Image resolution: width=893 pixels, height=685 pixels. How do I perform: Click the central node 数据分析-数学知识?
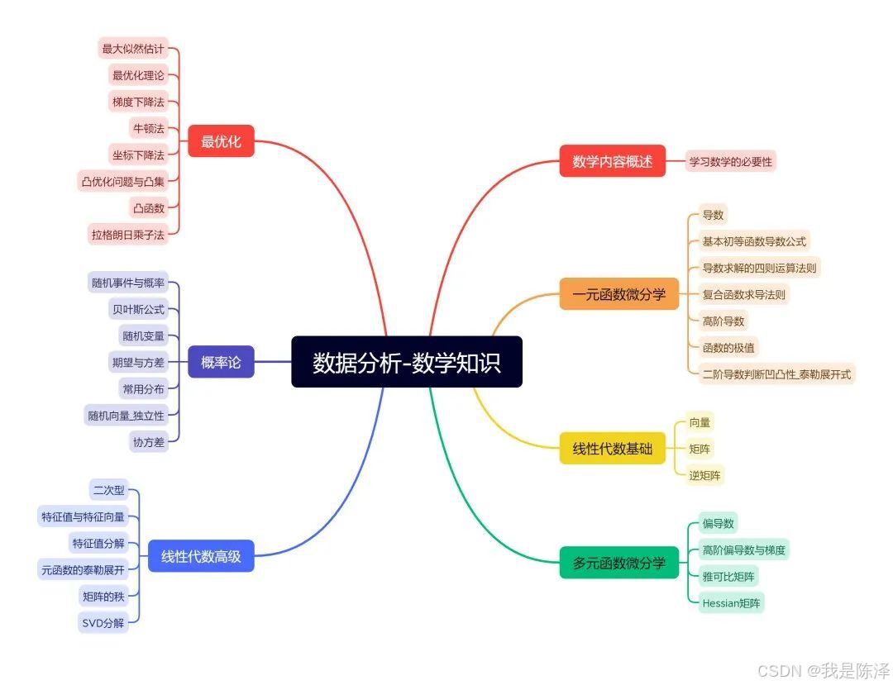(407, 362)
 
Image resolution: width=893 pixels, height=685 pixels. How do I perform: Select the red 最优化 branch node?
(221, 141)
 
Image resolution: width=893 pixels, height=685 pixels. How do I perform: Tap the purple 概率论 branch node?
(221, 362)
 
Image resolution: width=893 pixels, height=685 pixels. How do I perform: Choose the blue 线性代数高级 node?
(201, 556)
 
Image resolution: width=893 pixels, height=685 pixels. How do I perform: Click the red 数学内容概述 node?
(613, 161)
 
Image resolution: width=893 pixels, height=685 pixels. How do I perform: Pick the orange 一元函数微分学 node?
(619, 294)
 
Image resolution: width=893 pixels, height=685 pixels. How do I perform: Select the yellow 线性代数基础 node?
(613, 449)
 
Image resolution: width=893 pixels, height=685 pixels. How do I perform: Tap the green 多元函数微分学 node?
(619, 563)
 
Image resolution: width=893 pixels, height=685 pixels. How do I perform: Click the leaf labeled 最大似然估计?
(133, 49)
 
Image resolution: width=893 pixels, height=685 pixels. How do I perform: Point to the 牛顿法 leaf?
(148, 128)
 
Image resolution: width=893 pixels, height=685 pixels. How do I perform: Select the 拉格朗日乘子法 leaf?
(128, 235)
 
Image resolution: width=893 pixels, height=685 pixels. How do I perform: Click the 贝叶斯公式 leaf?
(138, 310)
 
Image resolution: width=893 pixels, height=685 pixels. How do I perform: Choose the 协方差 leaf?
(148, 442)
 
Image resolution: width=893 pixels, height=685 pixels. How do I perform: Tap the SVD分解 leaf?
(103, 622)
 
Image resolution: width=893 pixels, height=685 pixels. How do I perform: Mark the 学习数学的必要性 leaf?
(731, 162)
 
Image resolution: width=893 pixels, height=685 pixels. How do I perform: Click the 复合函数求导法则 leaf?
(744, 294)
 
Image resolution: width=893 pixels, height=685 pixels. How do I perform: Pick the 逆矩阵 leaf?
(705, 475)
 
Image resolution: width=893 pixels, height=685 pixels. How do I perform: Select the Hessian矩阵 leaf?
(732, 602)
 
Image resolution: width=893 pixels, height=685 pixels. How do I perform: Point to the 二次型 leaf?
(108, 490)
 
